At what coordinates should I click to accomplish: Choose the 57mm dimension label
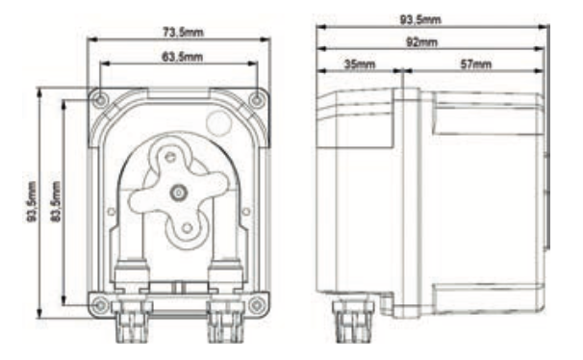(472, 64)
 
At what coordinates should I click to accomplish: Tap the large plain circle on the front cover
(220, 123)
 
